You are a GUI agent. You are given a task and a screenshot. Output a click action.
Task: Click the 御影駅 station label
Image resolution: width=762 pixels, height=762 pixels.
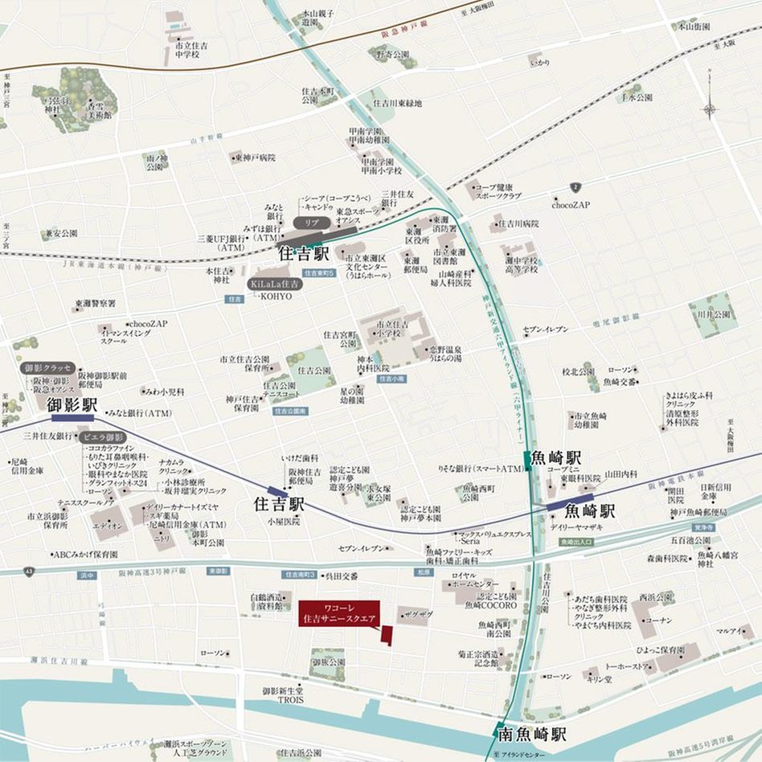point(72,405)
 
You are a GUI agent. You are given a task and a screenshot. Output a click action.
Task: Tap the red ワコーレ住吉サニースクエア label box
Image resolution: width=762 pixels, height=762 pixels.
point(339,612)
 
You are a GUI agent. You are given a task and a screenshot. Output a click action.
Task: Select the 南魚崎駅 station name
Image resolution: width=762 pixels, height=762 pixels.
point(531,734)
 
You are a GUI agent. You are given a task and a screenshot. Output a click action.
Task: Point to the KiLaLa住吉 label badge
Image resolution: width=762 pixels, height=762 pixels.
point(274,284)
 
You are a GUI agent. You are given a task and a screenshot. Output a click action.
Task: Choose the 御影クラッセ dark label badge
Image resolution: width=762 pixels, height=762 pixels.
point(48,367)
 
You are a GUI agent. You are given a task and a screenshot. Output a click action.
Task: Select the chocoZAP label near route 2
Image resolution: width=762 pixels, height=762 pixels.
point(571,205)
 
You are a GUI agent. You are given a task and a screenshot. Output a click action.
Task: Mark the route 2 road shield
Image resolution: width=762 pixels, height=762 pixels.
point(575,187)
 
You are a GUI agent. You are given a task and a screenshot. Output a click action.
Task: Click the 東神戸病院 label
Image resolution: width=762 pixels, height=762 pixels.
point(256,158)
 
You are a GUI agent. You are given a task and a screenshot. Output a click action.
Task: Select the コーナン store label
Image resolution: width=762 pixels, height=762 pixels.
point(657,621)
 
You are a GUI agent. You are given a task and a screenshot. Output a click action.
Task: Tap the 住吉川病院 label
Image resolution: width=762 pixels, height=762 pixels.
point(518,223)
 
